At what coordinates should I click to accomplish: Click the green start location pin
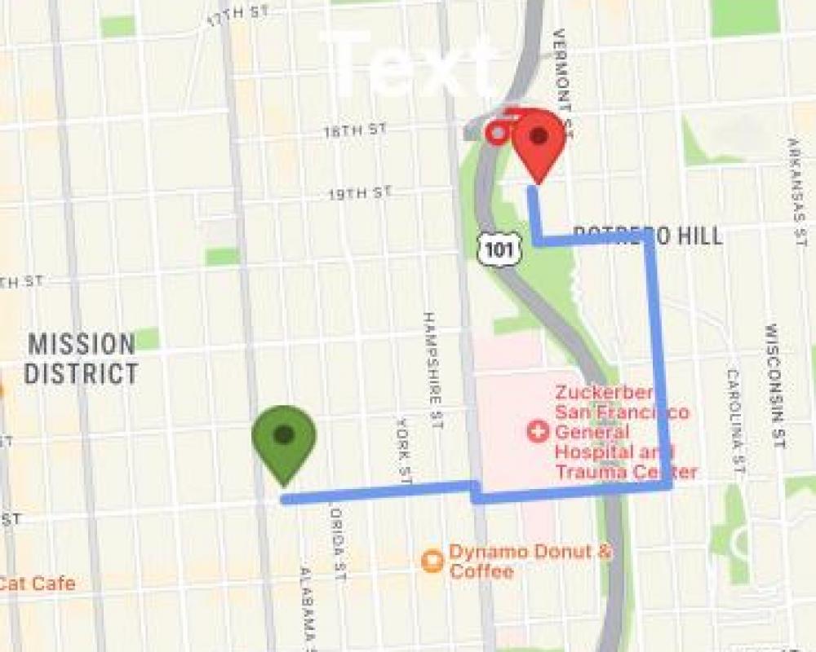(x=283, y=440)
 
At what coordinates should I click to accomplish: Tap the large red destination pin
(x=539, y=143)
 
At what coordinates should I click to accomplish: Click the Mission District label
(x=81, y=359)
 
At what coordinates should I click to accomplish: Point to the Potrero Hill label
(x=648, y=236)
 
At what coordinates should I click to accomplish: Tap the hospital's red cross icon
(x=537, y=431)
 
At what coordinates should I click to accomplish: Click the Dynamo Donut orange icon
(x=432, y=561)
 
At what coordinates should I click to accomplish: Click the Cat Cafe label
(x=38, y=584)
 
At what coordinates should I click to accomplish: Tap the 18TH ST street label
(x=354, y=130)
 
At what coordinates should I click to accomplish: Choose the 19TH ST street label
(x=359, y=194)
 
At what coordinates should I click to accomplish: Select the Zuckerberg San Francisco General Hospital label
(x=625, y=432)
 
